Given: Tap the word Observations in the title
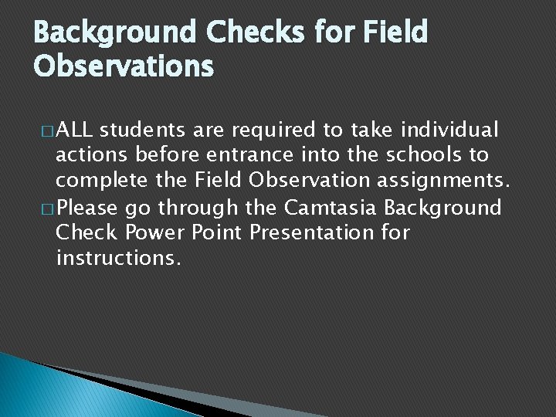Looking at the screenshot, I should click(124, 66).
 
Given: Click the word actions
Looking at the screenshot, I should click(92, 154).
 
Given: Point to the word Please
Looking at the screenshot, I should click(87, 208).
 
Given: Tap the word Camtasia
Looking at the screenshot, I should click(331, 208).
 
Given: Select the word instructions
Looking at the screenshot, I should click(119, 258).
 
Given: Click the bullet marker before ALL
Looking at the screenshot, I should click(47, 130).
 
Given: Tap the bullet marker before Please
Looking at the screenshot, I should click(47, 208).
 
